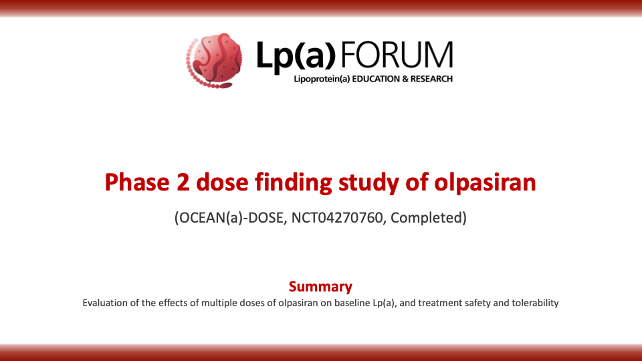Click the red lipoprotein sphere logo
pos(214,61)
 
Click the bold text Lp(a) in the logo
pos(296,56)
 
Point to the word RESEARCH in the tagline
pos(431,79)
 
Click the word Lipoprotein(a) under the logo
pos(322,80)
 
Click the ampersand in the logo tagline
pos(405,79)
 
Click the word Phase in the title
pos(136,182)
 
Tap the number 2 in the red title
pos(183,183)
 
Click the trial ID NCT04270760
pos(337,218)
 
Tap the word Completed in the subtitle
pos(427,218)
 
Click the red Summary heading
pos(320,287)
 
